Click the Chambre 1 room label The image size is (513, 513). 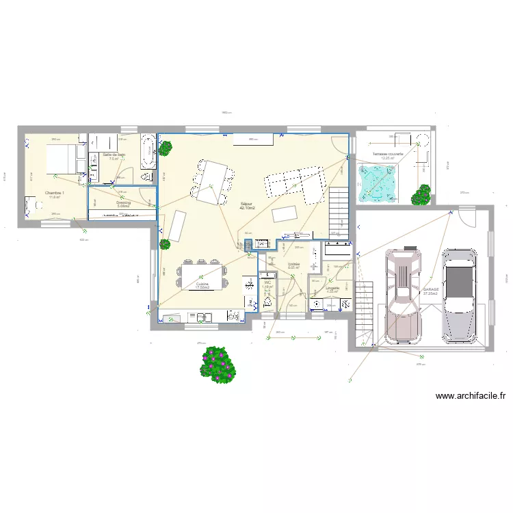[54, 194]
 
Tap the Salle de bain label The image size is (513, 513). [114, 155]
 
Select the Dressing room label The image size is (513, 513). [123, 202]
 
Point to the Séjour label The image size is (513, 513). [247, 204]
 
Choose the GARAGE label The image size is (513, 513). [431, 289]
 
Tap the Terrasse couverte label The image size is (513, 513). [387, 155]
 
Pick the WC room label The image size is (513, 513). [267, 282]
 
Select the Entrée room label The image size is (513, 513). [293, 264]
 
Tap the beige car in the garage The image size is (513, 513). [403, 295]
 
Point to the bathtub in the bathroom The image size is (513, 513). [148, 150]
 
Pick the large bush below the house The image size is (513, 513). [218, 364]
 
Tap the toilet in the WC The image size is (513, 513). [267, 302]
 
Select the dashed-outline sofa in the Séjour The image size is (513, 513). [295, 185]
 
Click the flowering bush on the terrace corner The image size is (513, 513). [421, 194]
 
